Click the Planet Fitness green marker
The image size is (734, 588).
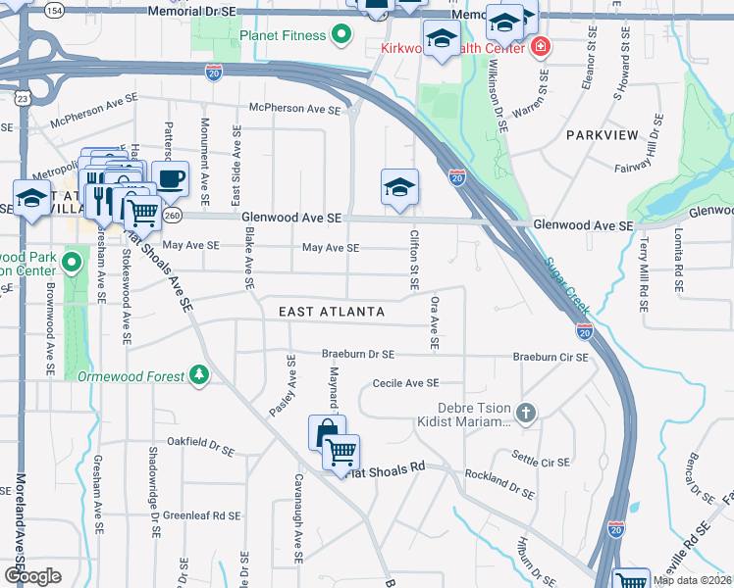(x=341, y=37)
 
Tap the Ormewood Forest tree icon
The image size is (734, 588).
(x=199, y=375)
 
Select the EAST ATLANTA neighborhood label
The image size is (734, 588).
(x=331, y=311)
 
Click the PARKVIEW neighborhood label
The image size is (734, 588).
(x=602, y=134)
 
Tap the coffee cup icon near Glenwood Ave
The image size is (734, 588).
(x=170, y=179)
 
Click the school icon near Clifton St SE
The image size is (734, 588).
(x=399, y=187)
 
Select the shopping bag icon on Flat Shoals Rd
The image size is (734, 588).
(x=326, y=431)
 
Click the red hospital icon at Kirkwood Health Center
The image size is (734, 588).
(x=540, y=46)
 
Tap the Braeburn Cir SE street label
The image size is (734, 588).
(x=550, y=358)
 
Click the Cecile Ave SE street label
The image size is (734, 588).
(x=404, y=384)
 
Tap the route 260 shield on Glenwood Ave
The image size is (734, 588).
(x=173, y=215)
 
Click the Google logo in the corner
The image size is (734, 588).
(x=32, y=576)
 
